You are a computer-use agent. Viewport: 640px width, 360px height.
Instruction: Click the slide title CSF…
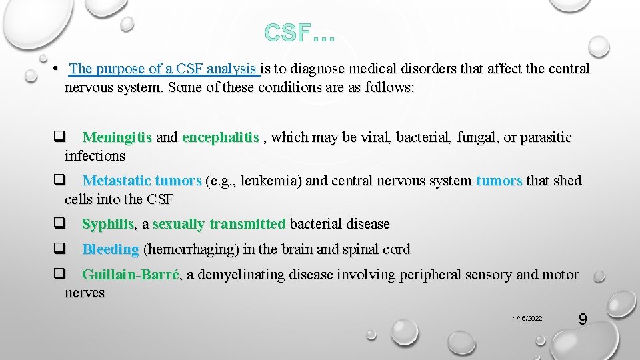[x=299, y=31]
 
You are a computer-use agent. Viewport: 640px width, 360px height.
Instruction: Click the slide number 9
[x=582, y=319]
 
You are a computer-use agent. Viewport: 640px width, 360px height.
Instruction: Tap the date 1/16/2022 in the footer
[x=528, y=319]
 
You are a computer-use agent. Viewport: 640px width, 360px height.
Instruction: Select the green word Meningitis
[x=117, y=138]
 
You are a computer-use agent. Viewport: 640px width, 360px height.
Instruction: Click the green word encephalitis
[x=220, y=138]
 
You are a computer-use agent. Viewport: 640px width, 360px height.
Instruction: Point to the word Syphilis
[x=108, y=225]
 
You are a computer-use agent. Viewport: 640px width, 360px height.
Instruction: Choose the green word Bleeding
[x=111, y=250]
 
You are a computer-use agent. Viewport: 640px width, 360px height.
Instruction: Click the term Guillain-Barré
[x=131, y=275]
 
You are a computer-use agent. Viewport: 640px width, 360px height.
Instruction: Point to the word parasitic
[x=545, y=138]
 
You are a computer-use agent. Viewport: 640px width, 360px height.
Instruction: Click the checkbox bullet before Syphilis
[x=59, y=224]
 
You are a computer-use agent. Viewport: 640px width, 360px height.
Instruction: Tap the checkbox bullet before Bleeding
[x=59, y=249]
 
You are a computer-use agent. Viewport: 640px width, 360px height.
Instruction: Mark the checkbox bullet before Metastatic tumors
[x=59, y=180]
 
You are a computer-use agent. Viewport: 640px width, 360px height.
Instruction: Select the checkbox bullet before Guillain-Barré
[x=59, y=274]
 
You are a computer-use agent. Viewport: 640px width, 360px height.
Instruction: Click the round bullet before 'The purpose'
[x=59, y=69]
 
